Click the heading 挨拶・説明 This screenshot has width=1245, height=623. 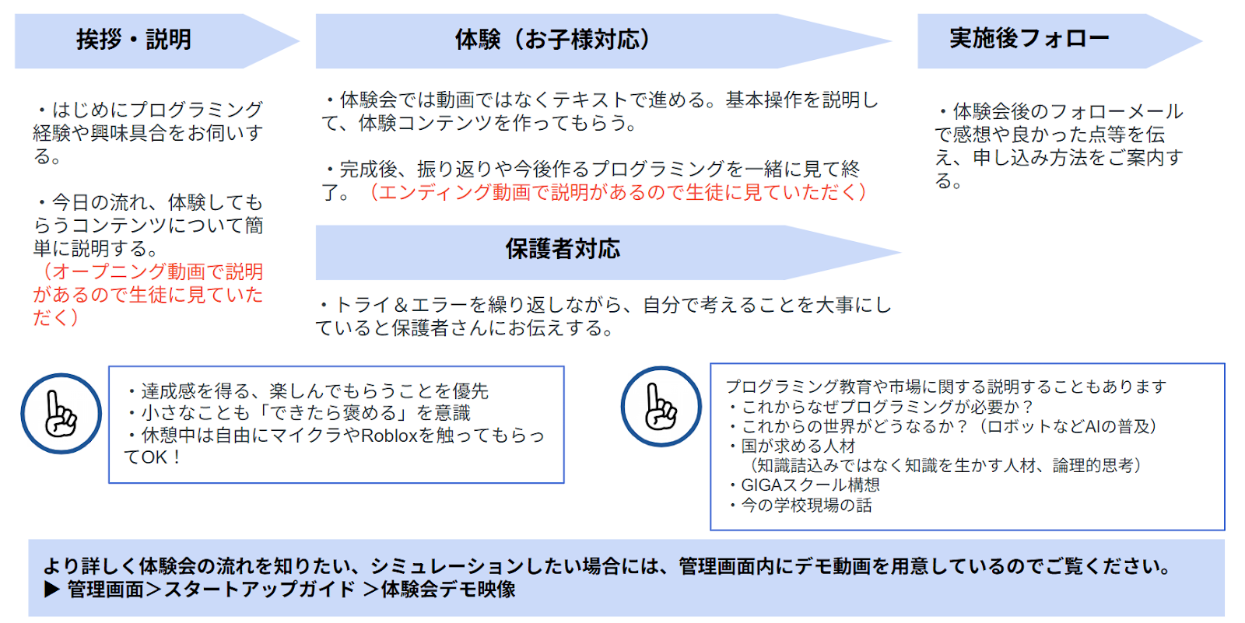tap(133, 40)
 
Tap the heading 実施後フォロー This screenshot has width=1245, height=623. tap(1029, 38)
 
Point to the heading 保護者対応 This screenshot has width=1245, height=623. tap(563, 249)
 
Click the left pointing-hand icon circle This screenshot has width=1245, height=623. tap(61, 414)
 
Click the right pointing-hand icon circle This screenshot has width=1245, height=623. tap(661, 406)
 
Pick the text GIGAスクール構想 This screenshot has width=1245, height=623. tap(809, 485)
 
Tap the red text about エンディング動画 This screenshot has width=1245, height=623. tap(617, 192)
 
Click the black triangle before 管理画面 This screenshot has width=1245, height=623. tap(52, 590)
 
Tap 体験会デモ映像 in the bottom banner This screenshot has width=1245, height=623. tap(448, 590)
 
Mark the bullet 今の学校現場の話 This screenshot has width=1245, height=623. tap(806, 506)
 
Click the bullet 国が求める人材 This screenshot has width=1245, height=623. tap(798, 446)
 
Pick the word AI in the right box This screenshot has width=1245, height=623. tap(1093, 426)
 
